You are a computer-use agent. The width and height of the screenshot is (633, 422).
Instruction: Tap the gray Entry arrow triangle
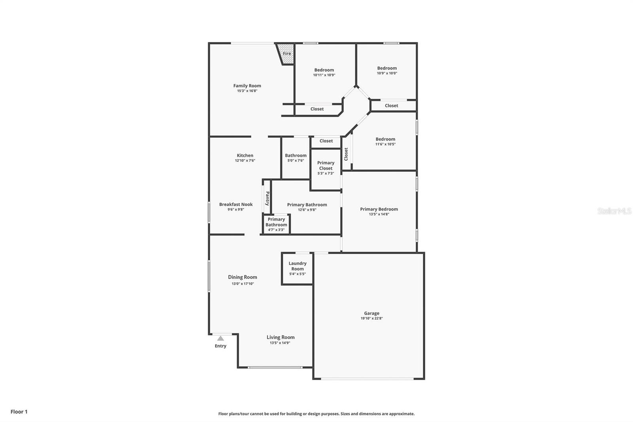coord(220,338)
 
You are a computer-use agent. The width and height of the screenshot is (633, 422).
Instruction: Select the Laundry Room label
coord(298,266)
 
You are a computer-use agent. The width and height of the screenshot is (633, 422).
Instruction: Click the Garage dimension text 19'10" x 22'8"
coord(371,318)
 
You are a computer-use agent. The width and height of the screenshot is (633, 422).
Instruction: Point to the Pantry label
coord(267,198)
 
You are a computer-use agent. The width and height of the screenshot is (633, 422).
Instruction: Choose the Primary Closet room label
coord(326,165)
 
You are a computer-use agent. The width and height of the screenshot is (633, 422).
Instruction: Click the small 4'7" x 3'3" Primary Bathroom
coord(276,224)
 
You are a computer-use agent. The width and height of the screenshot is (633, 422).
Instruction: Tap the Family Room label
coord(247,86)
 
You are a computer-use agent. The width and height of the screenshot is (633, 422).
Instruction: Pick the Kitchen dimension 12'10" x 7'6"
coord(245,161)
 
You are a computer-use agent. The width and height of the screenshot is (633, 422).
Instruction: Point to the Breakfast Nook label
coord(236,204)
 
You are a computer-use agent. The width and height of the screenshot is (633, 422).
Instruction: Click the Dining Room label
coord(243,277)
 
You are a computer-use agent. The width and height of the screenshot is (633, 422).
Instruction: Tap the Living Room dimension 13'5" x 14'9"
coord(280,343)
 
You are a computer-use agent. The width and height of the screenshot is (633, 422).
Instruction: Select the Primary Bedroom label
coord(379,209)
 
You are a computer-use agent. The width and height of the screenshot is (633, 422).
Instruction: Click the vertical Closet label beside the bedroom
coord(346,154)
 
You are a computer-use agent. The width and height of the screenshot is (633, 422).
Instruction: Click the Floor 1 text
coord(19,412)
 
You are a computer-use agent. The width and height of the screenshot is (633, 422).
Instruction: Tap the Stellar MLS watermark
coord(614,211)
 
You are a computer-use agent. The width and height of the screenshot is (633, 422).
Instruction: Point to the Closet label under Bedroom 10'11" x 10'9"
coord(317,109)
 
